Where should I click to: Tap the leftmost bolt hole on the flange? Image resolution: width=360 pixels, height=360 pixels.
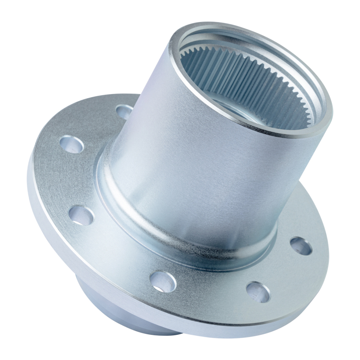[72, 144]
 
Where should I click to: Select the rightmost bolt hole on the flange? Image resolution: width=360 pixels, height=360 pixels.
[301, 246]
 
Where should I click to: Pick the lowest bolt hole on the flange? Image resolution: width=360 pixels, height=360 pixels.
[258, 292]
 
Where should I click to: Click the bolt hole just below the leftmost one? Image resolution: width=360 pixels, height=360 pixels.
[81, 215]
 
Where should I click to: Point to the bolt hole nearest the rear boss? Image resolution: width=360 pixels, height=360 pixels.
[163, 281]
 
